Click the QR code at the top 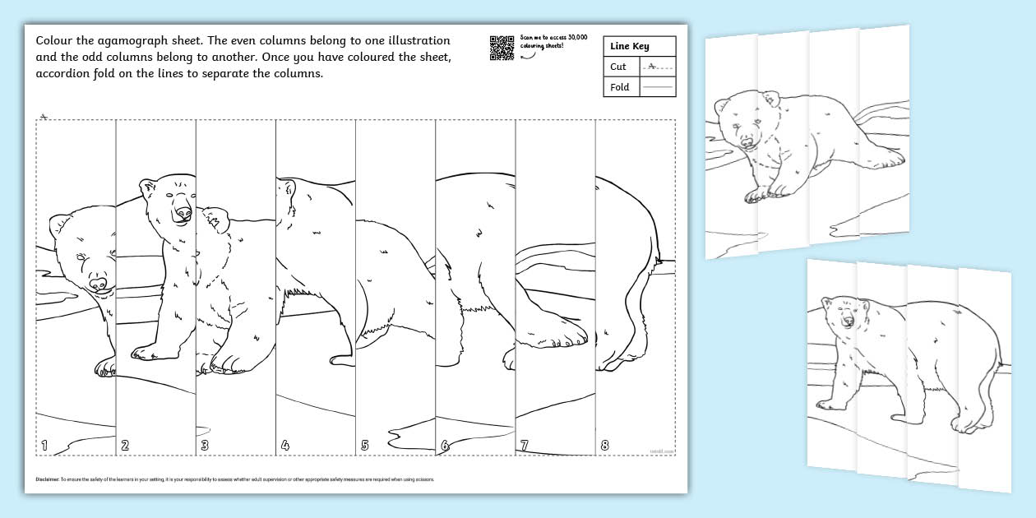click(x=502, y=48)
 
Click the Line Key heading click(x=629, y=47)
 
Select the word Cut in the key click(x=618, y=67)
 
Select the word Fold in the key click(x=620, y=87)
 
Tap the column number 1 click(x=44, y=446)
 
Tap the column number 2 click(x=125, y=446)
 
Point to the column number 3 click(x=205, y=446)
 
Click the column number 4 click(x=284, y=446)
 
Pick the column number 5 click(x=364, y=446)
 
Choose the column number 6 click(x=445, y=446)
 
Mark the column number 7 click(x=524, y=446)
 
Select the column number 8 click(x=604, y=446)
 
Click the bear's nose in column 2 click(x=183, y=214)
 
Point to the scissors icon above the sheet click(x=44, y=116)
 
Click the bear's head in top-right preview click(x=740, y=123)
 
